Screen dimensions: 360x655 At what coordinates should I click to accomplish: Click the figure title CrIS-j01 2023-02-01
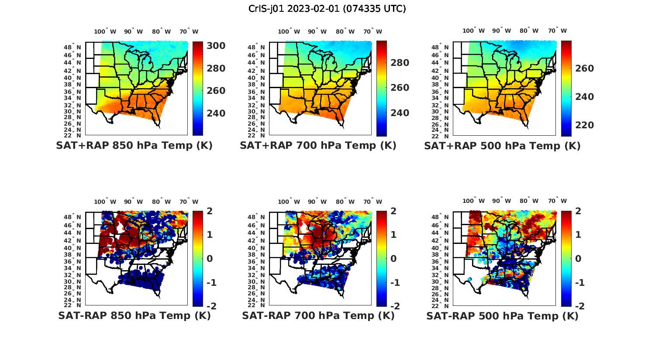(327, 9)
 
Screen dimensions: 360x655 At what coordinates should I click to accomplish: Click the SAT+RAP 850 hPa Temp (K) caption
(134, 146)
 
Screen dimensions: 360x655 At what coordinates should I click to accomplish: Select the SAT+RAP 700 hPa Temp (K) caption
(318, 146)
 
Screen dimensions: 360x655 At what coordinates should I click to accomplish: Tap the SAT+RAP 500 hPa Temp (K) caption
(502, 146)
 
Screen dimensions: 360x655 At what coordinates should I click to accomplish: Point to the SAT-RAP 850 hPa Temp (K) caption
(134, 315)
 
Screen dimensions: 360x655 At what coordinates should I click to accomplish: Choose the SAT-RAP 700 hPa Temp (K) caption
(318, 315)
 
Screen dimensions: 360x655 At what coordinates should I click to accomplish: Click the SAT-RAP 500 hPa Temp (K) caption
(502, 315)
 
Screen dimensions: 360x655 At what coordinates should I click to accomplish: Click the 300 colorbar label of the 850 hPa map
(215, 46)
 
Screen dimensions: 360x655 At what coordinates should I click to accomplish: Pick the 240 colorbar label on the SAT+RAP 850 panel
(215, 113)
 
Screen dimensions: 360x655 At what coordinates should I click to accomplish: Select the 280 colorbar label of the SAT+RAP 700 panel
(399, 63)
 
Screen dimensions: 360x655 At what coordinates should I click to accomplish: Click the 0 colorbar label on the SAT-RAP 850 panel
(209, 259)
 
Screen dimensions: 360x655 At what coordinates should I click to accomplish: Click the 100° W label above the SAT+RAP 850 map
(105, 31)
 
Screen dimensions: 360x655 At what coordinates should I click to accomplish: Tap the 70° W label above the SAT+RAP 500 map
(557, 31)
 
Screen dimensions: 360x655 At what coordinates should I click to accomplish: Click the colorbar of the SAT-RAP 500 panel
(566, 258)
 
